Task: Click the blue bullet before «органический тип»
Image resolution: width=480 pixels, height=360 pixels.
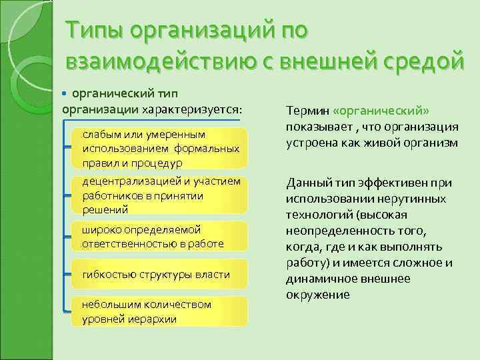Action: [x=65, y=93]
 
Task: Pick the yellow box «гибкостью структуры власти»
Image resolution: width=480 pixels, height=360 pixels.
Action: [x=156, y=274]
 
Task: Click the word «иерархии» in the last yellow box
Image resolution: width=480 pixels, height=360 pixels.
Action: [x=154, y=319]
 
